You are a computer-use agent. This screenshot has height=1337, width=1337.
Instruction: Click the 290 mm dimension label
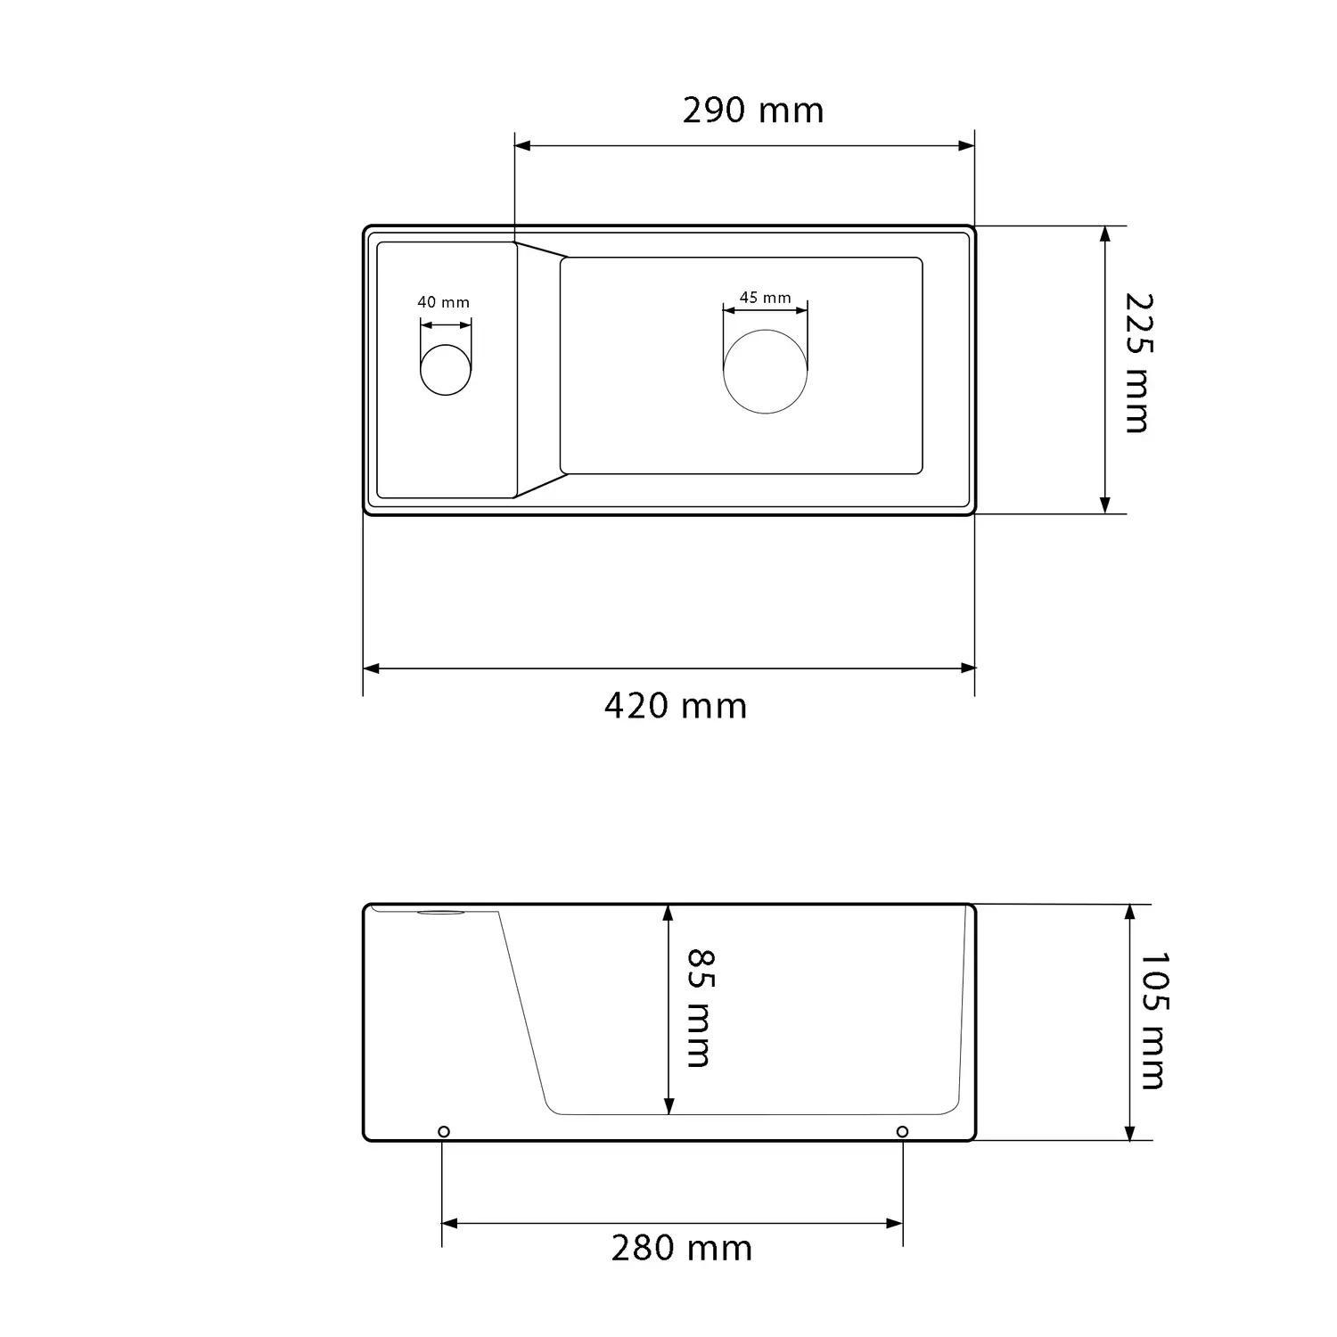[753, 111]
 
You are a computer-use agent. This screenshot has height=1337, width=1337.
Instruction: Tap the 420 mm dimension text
[676, 706]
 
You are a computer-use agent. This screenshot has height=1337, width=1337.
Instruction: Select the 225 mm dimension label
[1136, 363]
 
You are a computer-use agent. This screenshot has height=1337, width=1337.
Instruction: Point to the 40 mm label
[443, 302]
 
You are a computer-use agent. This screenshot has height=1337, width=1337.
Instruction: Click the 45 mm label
[765, 298]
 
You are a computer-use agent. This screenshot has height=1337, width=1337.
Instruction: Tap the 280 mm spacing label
[682, 1249]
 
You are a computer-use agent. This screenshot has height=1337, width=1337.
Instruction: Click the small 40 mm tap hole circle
[445, 369]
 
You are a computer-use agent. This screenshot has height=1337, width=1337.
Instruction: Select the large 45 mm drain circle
[766, 372]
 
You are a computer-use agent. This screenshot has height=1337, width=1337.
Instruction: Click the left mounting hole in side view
[444, 1132]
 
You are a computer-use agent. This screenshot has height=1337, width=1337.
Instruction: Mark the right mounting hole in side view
[902, 1132]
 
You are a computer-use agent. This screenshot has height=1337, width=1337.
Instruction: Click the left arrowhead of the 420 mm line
[372, 668]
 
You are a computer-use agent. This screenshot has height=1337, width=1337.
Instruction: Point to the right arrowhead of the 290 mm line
[966, 145]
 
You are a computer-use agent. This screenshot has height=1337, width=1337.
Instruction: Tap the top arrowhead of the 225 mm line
[1105, 234]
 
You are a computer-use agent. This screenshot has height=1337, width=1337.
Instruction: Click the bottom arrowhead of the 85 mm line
[668, 1106]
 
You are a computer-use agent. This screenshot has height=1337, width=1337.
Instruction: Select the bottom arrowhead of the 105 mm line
[1130, 1132]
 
